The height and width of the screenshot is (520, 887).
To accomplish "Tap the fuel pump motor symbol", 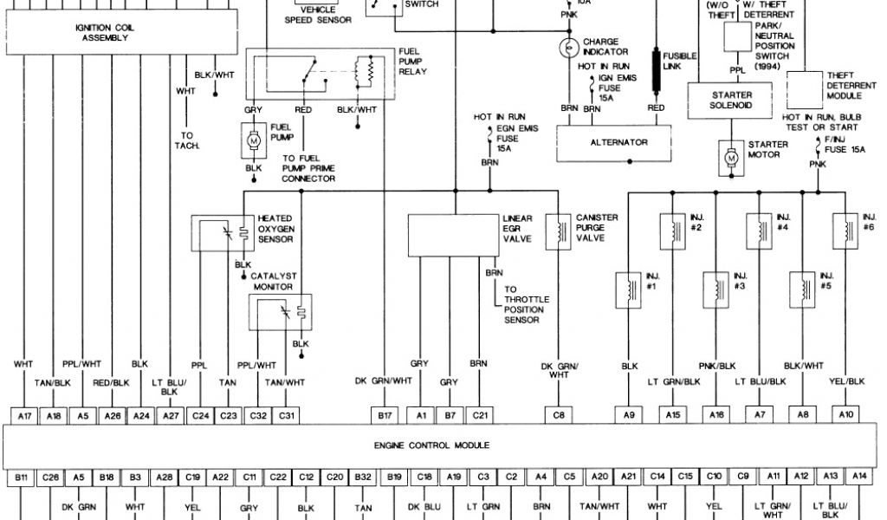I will coord(254,139).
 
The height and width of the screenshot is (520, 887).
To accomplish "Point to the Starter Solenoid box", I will coord(731,99).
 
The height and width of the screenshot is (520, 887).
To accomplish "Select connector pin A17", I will coord(25,416).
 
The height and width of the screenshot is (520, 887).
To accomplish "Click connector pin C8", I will coord(560,416).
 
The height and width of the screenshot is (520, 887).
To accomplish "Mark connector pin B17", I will coord(385,416).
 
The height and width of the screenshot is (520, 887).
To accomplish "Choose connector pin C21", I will coord(480,416).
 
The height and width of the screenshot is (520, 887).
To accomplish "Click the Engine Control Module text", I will coord(432,445).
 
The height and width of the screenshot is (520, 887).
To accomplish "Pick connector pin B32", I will coord(364,476).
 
